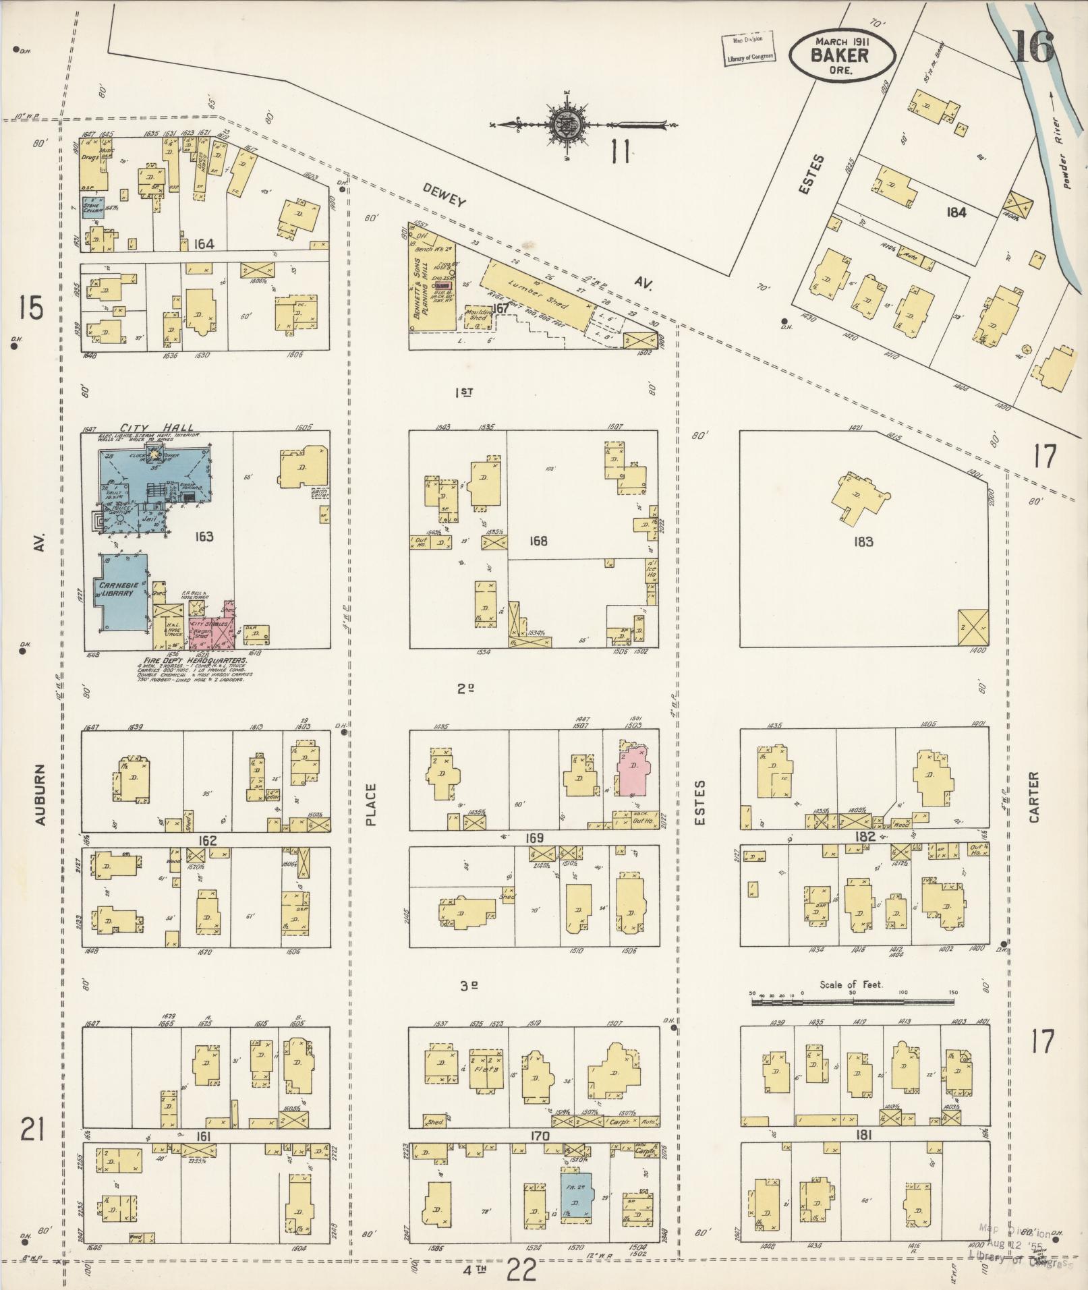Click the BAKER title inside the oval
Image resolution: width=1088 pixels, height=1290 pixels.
840,55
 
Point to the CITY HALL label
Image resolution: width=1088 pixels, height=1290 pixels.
156,428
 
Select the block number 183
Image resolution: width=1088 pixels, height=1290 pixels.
863,541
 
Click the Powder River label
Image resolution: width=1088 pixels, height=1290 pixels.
1064,152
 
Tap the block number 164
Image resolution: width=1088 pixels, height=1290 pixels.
203,244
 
